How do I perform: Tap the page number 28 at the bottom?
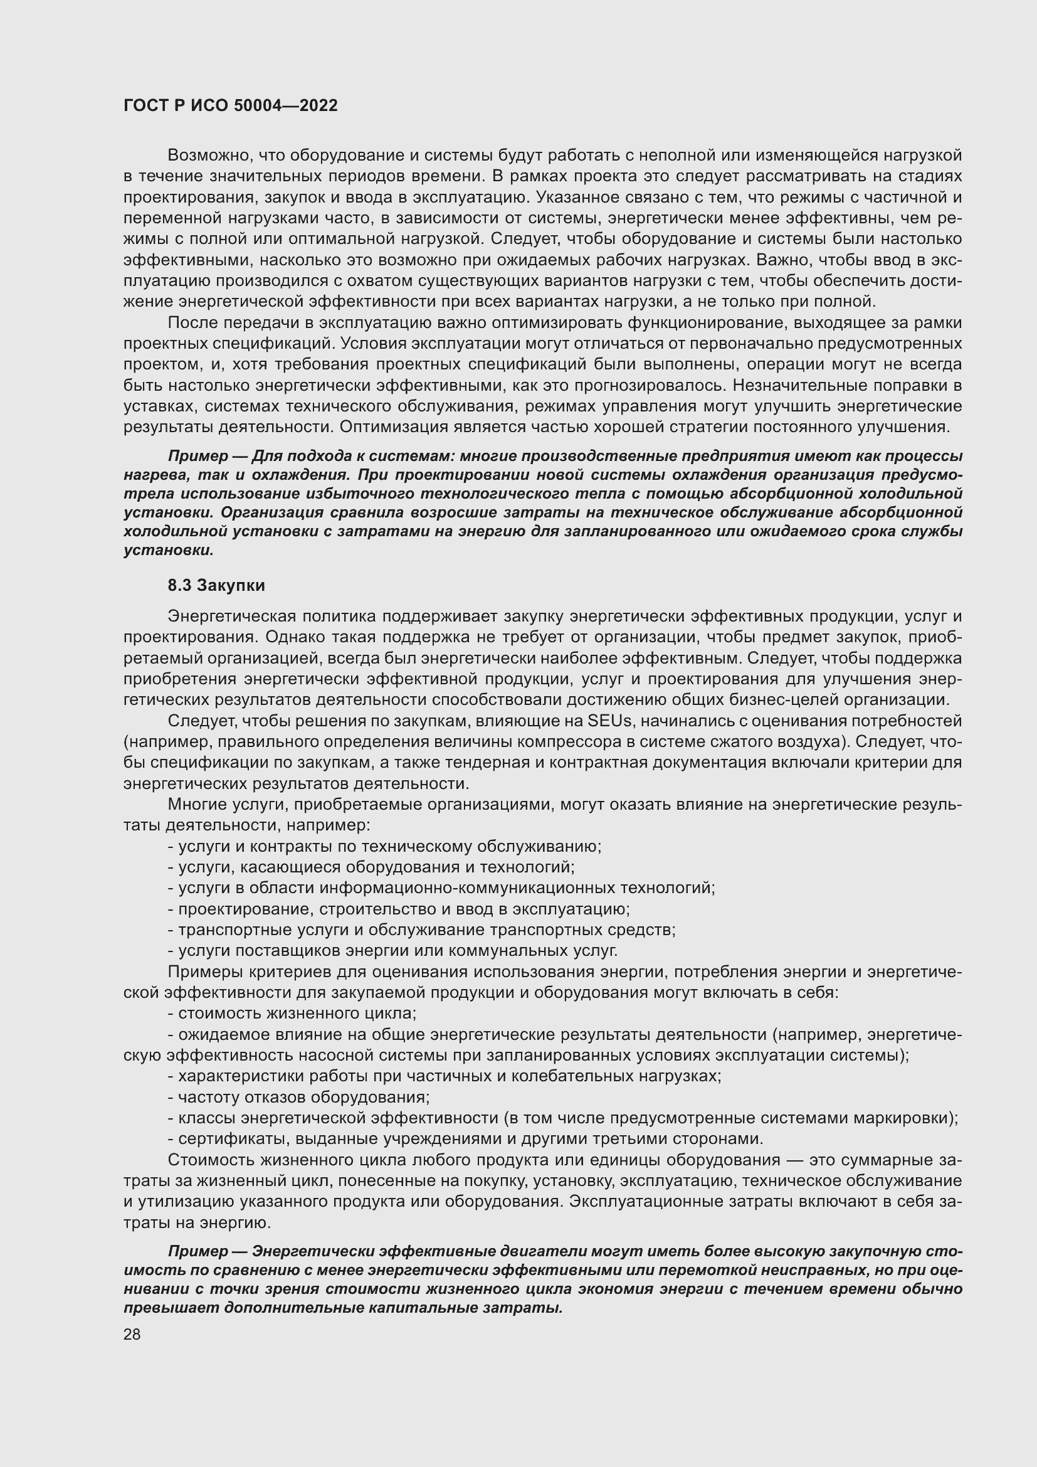click(x=132, y=1334)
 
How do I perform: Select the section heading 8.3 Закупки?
click(x=216, y=585)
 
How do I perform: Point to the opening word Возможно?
click(x=204, y=156)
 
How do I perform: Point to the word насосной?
click(x=350, y=1055)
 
